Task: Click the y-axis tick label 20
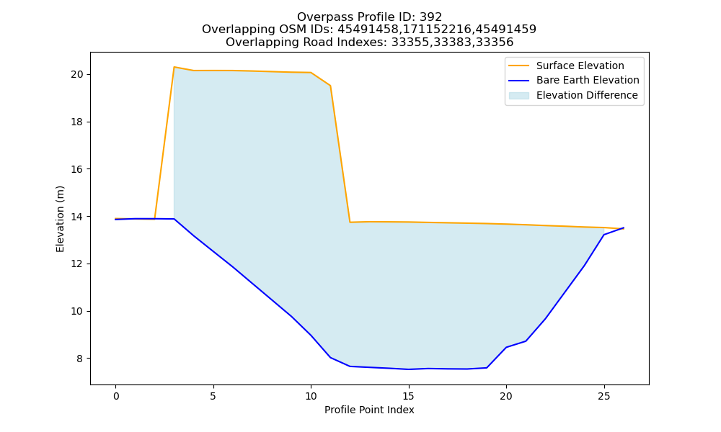[x=77, y=74]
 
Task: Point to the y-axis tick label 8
[x=80, y=359]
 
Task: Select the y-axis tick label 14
[x=77, y=217]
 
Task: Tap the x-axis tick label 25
[x=603, y=396]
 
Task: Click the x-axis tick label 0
[x=116, y=396]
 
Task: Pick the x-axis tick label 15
[x=408, y=396]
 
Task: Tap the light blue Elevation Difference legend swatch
[x=518, y=96]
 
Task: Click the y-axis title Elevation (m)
[x=61, y=219]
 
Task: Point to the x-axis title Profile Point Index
[x=369, y=410]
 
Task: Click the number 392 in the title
[x=431, y=17]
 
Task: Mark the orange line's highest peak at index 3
[x=174, y=67]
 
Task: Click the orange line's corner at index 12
[x=350, y=222]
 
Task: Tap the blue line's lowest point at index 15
[x=408, y=369]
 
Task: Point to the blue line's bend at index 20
[x=506, y=347]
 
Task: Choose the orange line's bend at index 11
[x=330, y=86]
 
